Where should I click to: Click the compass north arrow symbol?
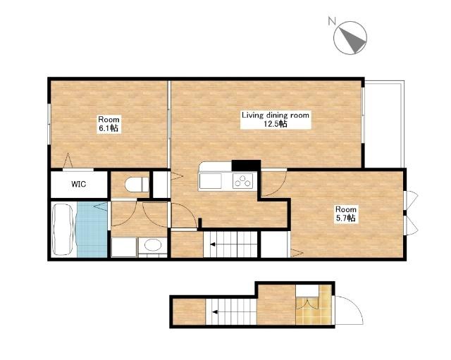pyautogui.click(x=350, y=37)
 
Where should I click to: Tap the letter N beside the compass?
pyautogui.click(x=332, y=20)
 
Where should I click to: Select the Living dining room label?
pyautogui.click(x=276, y=116)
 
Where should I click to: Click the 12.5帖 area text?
pyautogui.click(x=276, y=124)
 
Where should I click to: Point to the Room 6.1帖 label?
pyautogui.click(x=109, y=124)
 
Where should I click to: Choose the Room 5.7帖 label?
pyautogui.click(x=346, y=213)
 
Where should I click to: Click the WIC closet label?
pyautogui.click(x=78, y=184)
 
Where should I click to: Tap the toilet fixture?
pyautogui.click(x=137, y=185)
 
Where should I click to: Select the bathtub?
pyautogui.click(x=63, y=229)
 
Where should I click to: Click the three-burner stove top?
pyautogui.click(x=242, y=180)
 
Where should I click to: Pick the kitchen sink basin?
pyautogui.click(x=210, y=181)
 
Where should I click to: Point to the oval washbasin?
pyautogui.click(x=153, y=245)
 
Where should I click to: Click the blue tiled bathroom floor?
pyautogui.click(x=92, y=230)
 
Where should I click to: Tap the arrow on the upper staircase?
pyautogui.click(x=213, y=244)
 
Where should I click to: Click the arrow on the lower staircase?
pyautogui.click(x=215, y=311)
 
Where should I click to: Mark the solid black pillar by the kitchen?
pyautogui.click(x=246, y=166)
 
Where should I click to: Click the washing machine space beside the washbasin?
pyautogui.click(x=124, y=247)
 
